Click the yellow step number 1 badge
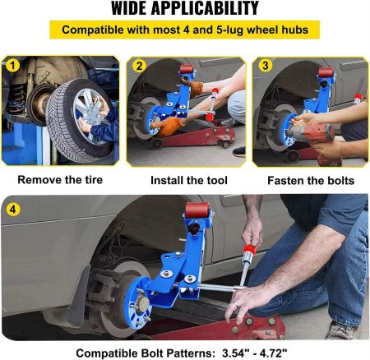pos(12,65)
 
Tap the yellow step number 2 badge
pos(140,66)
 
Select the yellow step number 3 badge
pos(266,65)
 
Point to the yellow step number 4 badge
pos(13,210)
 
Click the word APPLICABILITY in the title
pos(205,8)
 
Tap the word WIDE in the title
pos(129,8)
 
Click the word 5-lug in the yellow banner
pos(229,30)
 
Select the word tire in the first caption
pos(92,180)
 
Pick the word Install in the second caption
pos(167,180)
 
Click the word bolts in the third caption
pos(340,181)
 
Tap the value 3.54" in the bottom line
pos(234,353)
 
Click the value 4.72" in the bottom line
pos(275,353)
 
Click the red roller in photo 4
pos(197,210)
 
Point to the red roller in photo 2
pos(187,69)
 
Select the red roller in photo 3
pos(326,72)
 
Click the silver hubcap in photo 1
pos(90,115)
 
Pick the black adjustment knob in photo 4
pos(195,228)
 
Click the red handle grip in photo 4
pos(248,248)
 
